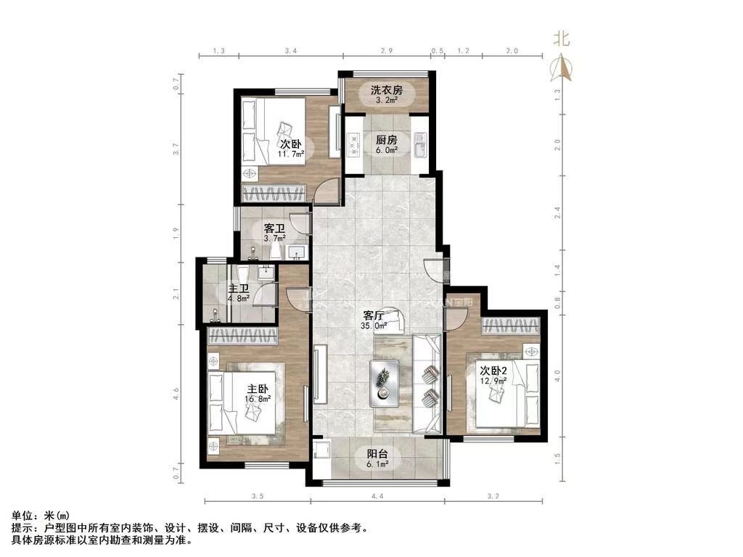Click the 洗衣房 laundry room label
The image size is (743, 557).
click(386, 90)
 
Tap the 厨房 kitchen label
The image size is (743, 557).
click(386, 140)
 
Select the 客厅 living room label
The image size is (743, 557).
click(374, 316)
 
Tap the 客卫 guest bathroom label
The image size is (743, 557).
click(274, 228)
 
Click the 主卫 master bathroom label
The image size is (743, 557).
click(239, 287)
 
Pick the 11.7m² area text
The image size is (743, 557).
click(291, 154)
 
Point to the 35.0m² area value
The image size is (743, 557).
click(375, 326)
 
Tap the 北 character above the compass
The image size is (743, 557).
click(562, 38)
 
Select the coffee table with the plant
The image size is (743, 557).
click(383, 382)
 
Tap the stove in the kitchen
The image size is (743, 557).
click(354, 144)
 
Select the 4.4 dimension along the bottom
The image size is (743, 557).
click(376, 497)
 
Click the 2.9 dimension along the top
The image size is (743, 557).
click(386, 51)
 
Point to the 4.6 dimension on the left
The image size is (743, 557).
click(176, 395)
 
